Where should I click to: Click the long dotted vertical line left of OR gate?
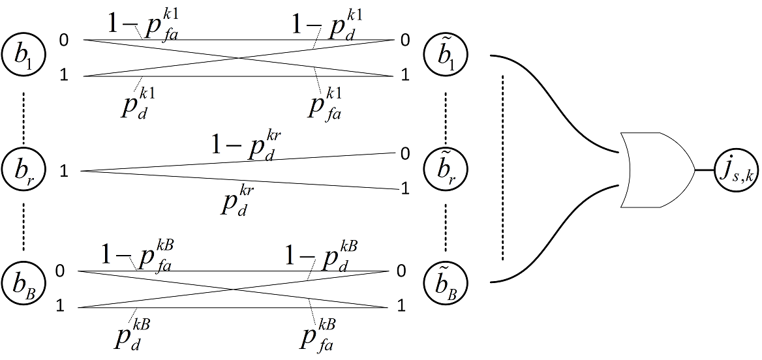[503, 166]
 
